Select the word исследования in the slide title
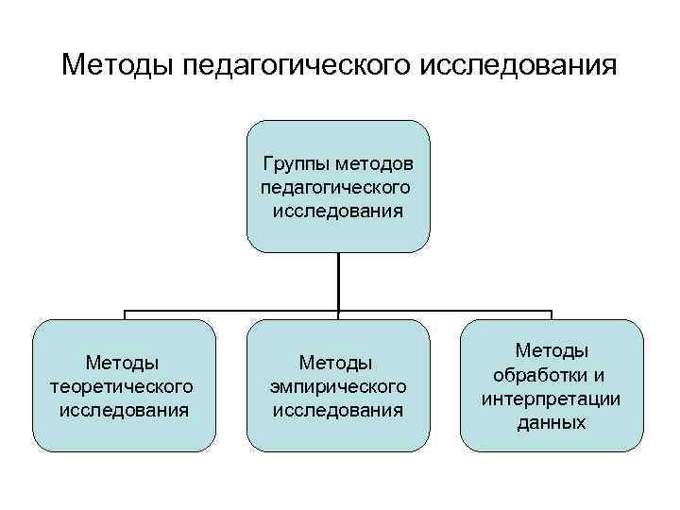coord(518,66)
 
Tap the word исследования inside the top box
coord(338,209)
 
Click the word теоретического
coord(123,386)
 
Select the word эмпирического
coord(338,386)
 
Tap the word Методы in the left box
coord(123,363)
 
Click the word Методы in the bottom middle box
coord(338,363)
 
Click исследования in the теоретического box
coord(123,410)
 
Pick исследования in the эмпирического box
coord(338,410)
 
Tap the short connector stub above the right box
coord(552,314)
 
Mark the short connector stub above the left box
coord(124,314)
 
